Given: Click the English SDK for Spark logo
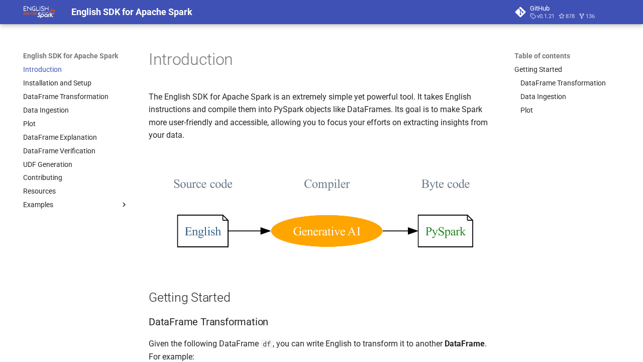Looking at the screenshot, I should (x=39, y=12).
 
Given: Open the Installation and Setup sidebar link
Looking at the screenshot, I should (x=57, y=83).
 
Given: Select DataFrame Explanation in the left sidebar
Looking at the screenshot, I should (x=60, y=137).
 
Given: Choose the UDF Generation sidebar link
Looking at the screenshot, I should (x=48, y=164).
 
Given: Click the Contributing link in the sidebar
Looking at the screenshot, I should (x=43, y=177).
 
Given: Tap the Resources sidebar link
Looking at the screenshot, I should (x=39, y=191).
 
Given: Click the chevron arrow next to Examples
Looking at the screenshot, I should (x=124, y=205).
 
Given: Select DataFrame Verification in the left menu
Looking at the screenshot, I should (x=59, y=151).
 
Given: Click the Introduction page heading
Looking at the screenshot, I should (x=190, y=59).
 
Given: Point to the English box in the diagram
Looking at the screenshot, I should (x=203, y=231).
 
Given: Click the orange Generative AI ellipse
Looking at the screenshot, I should (x=327, y=231).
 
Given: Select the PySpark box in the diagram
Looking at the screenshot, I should (x=445, y=231).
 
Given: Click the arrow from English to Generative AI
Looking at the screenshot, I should (x=249, y=231).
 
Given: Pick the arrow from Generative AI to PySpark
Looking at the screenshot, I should (x=400, y=231).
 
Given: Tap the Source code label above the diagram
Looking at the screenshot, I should (x=203, y=185).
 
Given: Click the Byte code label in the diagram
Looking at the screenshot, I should (x=446, y=185).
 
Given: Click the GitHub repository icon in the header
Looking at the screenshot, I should (x=520, y=12).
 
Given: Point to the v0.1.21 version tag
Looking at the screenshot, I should (x=543, y=17).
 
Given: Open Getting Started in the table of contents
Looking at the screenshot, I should (x=538, y=69).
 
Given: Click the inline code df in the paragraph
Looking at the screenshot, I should (x=267, y=344).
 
